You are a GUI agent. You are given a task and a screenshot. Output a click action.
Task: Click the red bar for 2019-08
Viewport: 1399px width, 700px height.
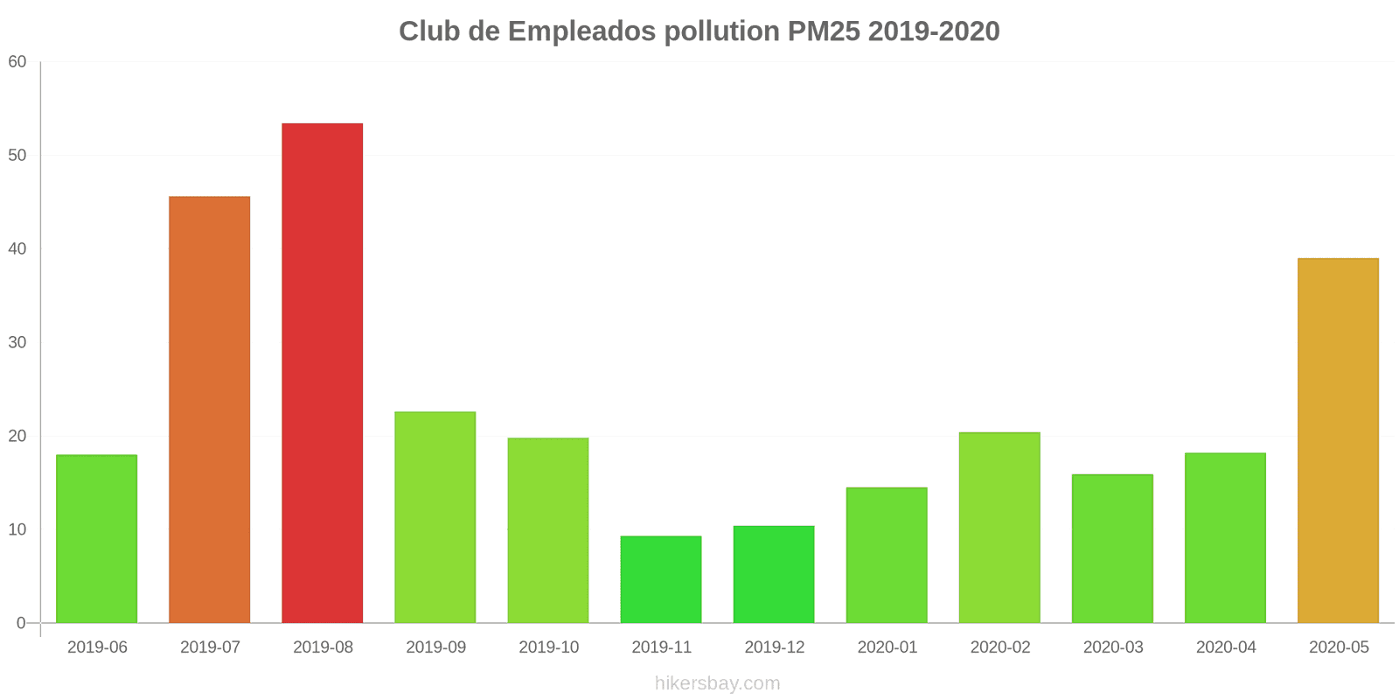(x=322, y=374)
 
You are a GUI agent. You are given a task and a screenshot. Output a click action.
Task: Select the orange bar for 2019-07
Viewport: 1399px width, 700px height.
(x=209, y=409)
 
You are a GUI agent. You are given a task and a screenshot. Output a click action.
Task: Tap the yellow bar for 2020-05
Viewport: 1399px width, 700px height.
(x=1338, y=441)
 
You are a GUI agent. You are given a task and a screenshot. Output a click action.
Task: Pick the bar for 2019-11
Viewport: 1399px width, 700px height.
(x=661, y=579)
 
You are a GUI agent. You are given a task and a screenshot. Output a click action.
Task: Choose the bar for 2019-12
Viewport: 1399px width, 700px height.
(x=774, y=574)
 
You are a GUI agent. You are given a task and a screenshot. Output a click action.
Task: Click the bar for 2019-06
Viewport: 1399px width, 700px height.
(x=96, y=539)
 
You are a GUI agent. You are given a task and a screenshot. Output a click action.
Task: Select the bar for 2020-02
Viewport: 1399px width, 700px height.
(x=999, y=528)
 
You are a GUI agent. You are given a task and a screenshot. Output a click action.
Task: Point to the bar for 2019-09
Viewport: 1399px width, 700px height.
(x=435, y=517)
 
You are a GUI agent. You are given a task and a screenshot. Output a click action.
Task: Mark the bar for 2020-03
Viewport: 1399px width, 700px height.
(x=1112, y=549)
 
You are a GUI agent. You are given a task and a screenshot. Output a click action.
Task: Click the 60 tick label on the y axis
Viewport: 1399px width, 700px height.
(x=17, y=62)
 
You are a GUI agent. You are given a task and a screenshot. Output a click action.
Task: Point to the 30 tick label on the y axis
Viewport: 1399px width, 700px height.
(x=17, y=343)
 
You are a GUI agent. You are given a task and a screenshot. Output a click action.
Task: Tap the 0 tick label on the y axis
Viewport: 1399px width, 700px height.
(x=21, y=624)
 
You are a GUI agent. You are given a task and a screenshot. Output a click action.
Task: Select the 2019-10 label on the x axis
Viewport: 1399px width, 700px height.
(x=548, y=647)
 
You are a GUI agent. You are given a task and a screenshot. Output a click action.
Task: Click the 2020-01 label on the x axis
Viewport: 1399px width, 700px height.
(x=887, y=647)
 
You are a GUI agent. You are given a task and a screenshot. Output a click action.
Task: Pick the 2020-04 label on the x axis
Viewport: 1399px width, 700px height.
(x=1226, y=647)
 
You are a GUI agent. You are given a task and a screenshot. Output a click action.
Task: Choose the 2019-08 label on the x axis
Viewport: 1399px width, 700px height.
(x=323, y=647)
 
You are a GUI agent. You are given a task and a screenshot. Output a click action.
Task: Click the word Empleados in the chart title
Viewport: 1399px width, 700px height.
(x=581, y=31)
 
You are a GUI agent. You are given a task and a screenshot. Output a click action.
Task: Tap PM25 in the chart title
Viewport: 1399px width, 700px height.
(x=824, y=31)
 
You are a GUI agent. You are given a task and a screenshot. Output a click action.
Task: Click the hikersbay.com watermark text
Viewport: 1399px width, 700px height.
(x=717, y=683)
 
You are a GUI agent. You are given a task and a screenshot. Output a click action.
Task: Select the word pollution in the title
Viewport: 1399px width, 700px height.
(x=721, y=31)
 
